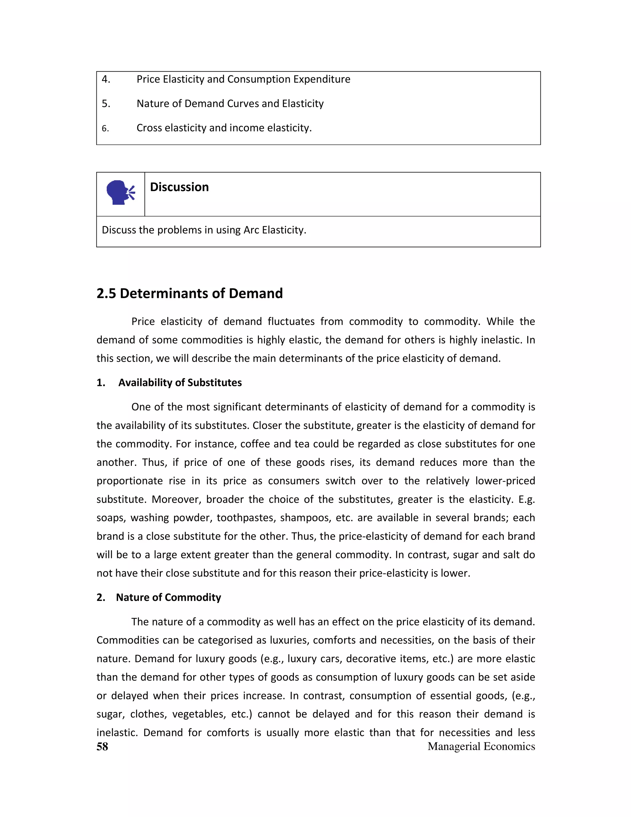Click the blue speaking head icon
120,193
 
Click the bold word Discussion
179,187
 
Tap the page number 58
102,747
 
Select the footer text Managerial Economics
481,746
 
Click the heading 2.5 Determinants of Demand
189,293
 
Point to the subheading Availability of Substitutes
180,383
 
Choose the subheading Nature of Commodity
168,597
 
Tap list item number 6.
105,128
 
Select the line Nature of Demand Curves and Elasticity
230,104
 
